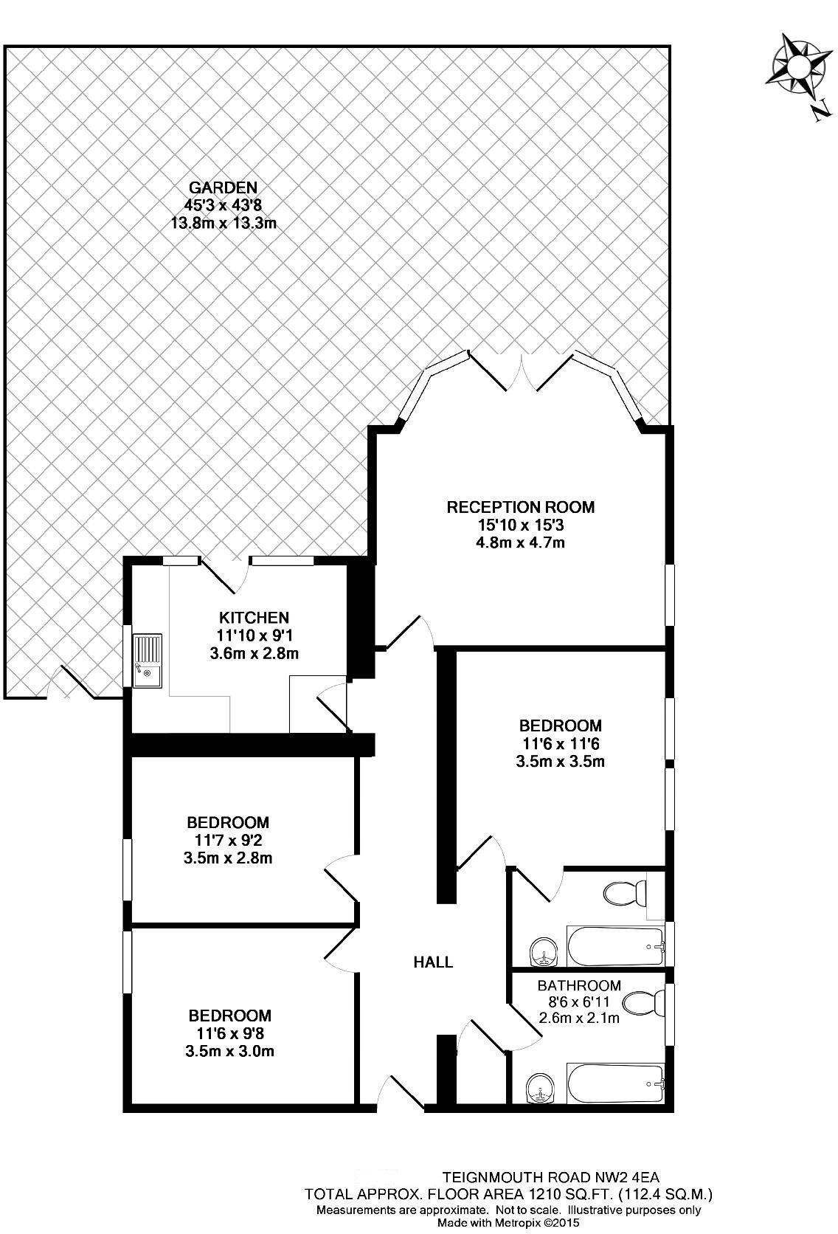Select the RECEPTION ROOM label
520,507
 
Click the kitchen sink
148,660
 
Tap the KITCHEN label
254,617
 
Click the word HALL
433,962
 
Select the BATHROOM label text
579,985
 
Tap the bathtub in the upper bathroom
615,945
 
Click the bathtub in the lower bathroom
615,1083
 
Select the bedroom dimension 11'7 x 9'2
228,840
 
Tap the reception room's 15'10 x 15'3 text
520,525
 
